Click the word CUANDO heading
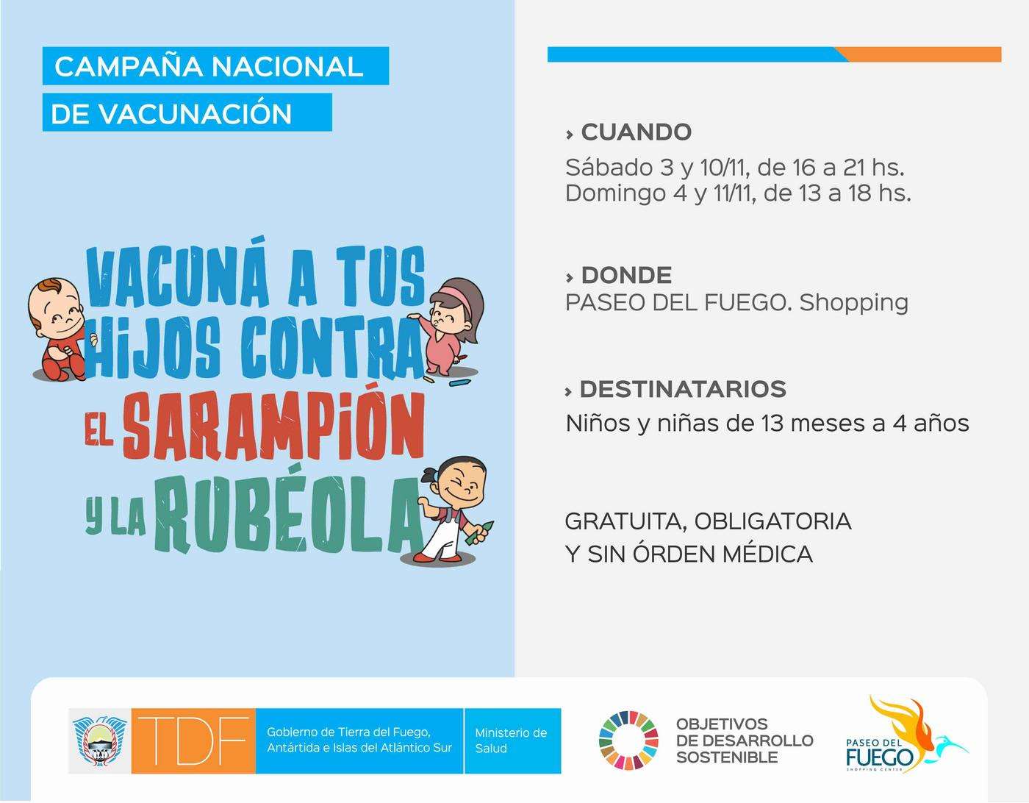pyautogui.click(x=636, y=132)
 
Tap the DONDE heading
pyautogui.click(x=626, y=275)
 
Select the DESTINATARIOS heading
pyautogui.click(x=682, y=389)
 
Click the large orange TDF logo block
pyautogui.click(x=193, y=741)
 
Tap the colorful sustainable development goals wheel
pyautogui.click(x=628, y=740)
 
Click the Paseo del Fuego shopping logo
pyautogui.click(x=906, y=735)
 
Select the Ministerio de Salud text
pyautogui.click(x=511, y=740)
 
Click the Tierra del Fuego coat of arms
pyautogui.click(x=99, y=740)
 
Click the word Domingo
pyautogui.click(x=613, y=194)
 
